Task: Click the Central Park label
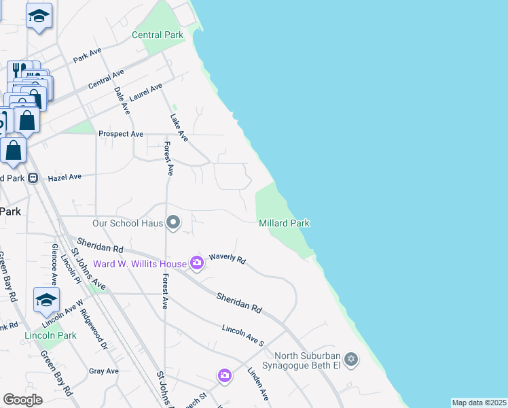158,35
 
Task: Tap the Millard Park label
285,223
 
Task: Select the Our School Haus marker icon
174,222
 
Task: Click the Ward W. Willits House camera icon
197,263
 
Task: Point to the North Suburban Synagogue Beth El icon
351,359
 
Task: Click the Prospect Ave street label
121,134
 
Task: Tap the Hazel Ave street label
65,177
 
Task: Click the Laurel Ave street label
146,92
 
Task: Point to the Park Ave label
87,54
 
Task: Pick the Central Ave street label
107,80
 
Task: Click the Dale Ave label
122,99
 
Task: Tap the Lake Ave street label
179,127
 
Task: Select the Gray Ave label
104,371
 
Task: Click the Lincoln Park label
50,335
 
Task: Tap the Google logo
23,399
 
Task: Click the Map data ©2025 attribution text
479,403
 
